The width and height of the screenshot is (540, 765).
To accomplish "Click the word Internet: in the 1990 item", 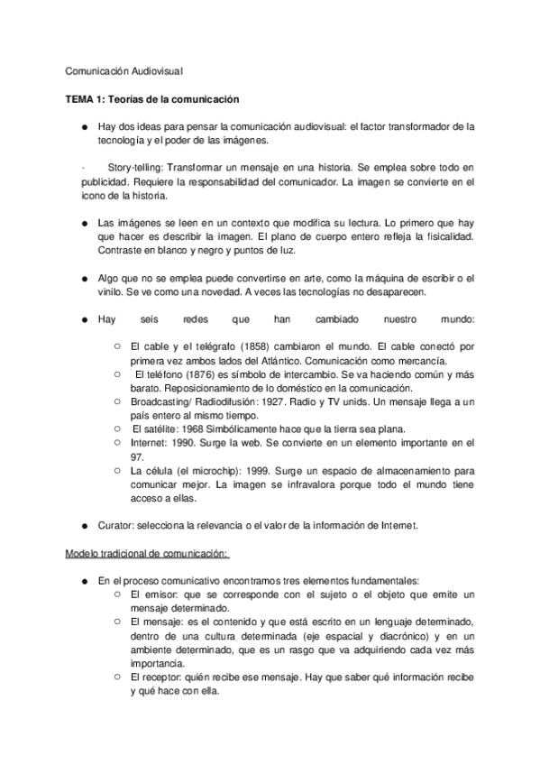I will (152, 441).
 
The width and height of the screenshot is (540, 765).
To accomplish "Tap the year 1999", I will (265, 470).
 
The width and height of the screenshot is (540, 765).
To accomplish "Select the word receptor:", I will (169, 677).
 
